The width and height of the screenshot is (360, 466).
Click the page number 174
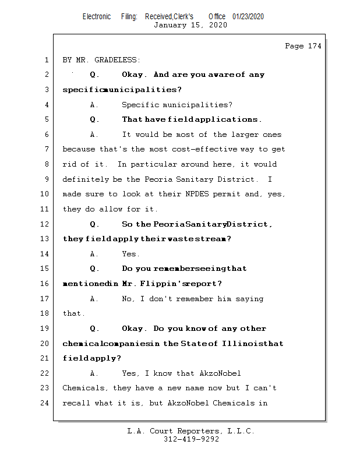[x=315, y=46]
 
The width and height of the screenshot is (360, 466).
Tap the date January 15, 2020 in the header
[x=190, y=25]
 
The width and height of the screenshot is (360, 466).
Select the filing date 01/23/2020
[x=248, y=16]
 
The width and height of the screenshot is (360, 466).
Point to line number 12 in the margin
[x=45, y=224]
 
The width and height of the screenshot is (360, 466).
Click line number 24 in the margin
[x=45, y=403]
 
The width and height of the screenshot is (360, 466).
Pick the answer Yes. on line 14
[x=130, y=254]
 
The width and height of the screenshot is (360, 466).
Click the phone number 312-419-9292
[x=191, y=440]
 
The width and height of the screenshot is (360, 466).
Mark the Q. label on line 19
[x=95, y=329]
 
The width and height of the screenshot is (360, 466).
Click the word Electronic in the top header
[x=97, y=16]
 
